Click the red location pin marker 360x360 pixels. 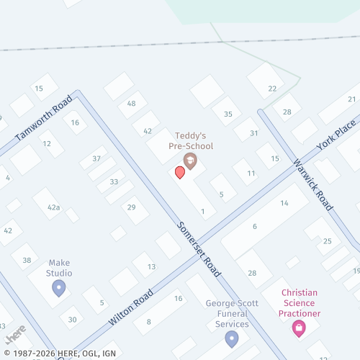pos(180,171)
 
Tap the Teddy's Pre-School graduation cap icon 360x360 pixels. pos(190,160)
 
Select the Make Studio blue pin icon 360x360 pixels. pos(59,288)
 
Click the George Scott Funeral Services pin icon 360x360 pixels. pos(231,338)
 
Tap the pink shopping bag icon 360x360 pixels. pos(298,328)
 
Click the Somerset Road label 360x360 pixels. pos(199,248)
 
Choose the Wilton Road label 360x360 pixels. pos(131,305)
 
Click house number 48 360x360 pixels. pos(131,104)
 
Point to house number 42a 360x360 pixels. pos(53,207)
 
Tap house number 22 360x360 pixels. pos(272,89)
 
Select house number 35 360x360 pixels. pos(228,114)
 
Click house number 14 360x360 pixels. pos(284,204)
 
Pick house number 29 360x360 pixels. pos(131,207)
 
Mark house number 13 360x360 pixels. pos(151,267)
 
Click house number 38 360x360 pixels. pos(27,260)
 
